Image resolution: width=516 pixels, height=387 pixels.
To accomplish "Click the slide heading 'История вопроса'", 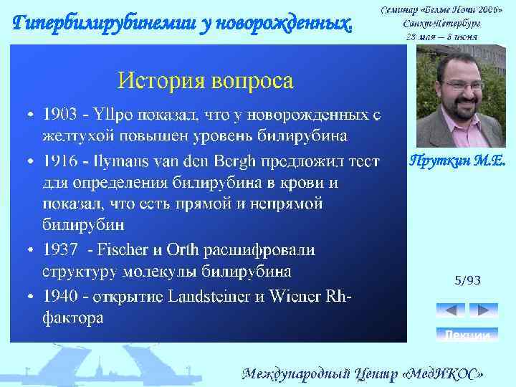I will tap(206, 80).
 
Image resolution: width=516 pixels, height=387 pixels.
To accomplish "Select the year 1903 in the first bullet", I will tap(59, 115).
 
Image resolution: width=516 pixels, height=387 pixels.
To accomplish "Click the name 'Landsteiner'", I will tap(208, 295).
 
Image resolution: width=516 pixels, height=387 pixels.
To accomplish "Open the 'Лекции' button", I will tap(467, 335).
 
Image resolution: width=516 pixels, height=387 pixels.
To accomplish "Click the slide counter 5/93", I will tap(467, 280).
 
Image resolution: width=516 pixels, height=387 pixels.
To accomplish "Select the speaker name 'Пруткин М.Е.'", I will tap(457, 162).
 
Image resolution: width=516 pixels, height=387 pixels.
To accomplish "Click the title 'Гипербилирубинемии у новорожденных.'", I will tap(183, 24).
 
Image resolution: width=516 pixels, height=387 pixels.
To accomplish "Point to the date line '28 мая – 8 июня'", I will tap(441, 36).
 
